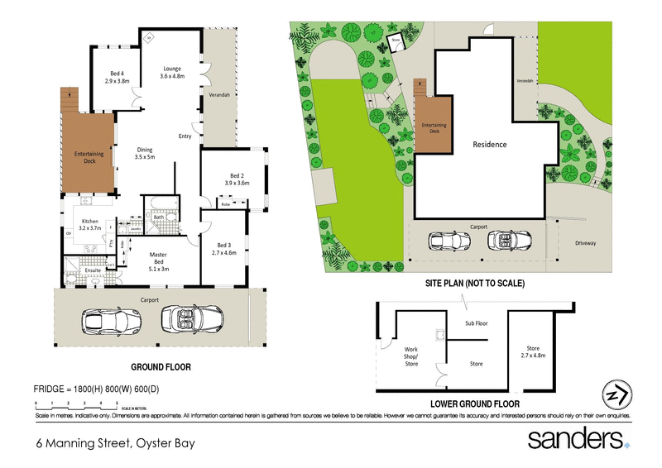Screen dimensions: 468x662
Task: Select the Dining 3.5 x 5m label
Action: point(146,153)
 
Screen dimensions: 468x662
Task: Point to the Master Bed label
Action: point(158,264)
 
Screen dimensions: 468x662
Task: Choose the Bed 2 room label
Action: point(237,179)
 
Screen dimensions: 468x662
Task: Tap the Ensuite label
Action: point(94,270)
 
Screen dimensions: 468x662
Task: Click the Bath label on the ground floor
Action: point(159,217)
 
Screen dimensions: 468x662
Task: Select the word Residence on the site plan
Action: point(489,144)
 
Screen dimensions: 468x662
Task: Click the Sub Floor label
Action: point(476,323)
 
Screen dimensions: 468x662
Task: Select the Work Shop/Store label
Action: point(411,356)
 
